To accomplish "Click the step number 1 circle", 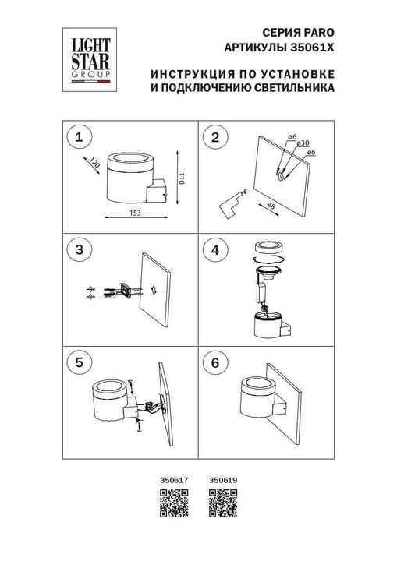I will pos(77,138).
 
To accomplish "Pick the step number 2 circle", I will pos(211,138).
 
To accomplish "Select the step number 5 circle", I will pos(77,362).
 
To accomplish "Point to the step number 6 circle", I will pos(211,362).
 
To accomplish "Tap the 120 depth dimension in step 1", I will pos(94,163).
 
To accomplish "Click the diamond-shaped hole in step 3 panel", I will pos(154,288).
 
